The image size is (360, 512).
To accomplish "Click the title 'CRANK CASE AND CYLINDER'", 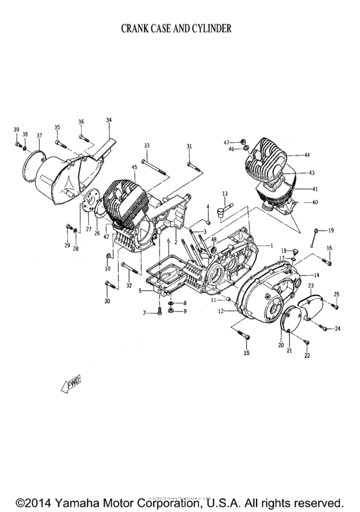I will coord(180,29).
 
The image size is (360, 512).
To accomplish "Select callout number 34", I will coord(109,120).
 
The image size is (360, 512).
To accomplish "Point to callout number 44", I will coord(307,155).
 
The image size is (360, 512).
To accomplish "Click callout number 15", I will coord(246,353).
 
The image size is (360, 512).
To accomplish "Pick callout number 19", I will coord(331,230).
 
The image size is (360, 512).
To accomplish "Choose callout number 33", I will coord(147,146).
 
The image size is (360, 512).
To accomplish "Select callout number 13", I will coord(225,193).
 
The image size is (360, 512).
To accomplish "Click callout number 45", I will coord(134,168).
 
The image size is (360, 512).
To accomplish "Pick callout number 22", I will coord(307,356).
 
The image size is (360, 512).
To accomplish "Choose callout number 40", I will coord(314,203).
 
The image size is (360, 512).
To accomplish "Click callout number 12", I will coord(219,311).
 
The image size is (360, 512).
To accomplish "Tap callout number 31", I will coord(190,147).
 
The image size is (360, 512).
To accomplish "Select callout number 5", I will coord(139,291).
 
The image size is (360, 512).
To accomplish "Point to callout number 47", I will coord(226,141).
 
